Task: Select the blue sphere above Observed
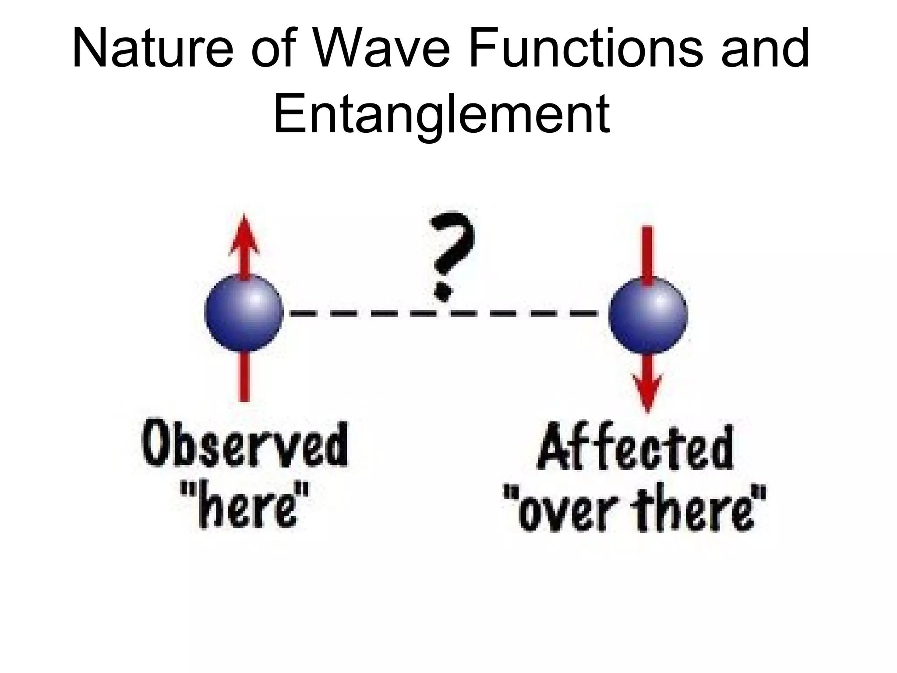click(x=244, y=313)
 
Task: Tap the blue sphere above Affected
click(x=648, y=315)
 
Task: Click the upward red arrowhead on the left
click(x=244, y=234)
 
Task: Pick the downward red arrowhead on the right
click(x=648, y=392)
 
